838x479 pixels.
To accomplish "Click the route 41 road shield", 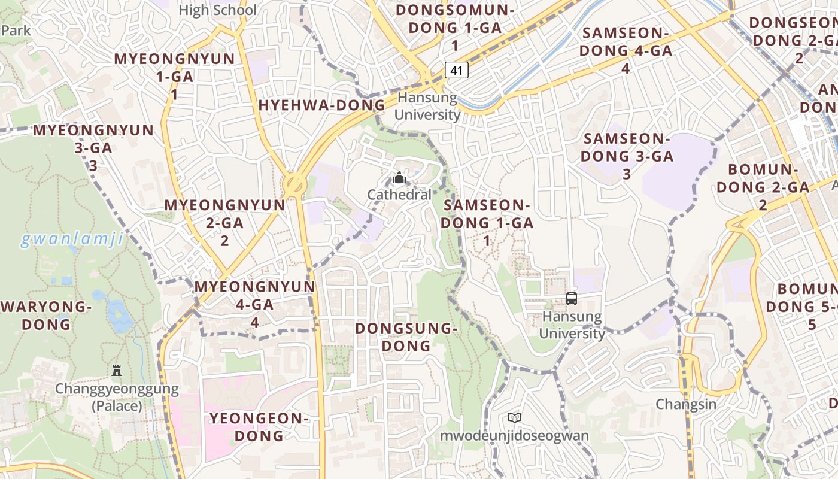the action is coord(456,70).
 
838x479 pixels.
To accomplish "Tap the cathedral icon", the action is coord(399,177).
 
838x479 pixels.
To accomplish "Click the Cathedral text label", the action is coord(399,195).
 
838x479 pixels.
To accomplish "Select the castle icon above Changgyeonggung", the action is coord(117,370).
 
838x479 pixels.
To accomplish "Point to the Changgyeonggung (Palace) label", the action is coord(117,397).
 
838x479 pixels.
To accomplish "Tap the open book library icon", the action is coord(514,417).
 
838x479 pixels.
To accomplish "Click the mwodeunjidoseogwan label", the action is coord(514,435).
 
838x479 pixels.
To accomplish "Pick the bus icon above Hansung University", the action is coord(571,298).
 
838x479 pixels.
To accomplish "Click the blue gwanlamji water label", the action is coord(72,240).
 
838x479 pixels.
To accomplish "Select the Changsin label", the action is coord(686,404).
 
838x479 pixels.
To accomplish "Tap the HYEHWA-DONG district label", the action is coord(321,105).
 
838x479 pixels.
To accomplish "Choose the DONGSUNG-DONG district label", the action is coord(406,337).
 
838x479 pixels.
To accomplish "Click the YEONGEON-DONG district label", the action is coord(259,427).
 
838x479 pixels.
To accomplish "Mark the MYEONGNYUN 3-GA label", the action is coord(93,147).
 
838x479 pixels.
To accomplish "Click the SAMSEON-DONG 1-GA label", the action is coord(487,223).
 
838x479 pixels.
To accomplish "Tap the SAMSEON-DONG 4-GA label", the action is coord(626,50).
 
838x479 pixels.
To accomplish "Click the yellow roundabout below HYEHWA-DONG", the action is coord(294,183).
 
